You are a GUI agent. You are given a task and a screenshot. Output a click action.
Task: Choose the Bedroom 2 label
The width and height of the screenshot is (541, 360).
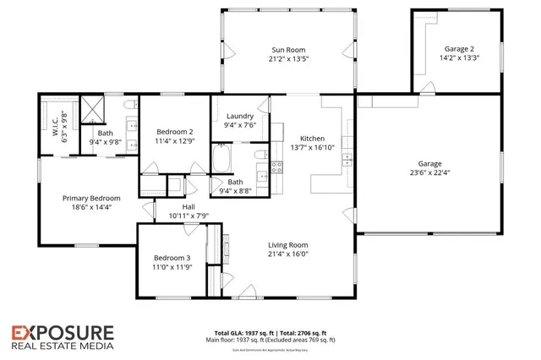[x=175, y=132]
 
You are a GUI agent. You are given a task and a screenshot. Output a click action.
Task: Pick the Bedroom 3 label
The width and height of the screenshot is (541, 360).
[x=172, y=258]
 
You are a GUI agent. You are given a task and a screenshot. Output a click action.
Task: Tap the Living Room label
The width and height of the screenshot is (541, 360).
[x=288, y=245]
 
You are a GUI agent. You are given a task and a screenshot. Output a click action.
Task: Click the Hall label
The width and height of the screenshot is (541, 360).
[x=189, y=206]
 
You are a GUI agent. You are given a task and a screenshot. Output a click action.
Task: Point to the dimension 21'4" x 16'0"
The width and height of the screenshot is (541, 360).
[x=288, y=254]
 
